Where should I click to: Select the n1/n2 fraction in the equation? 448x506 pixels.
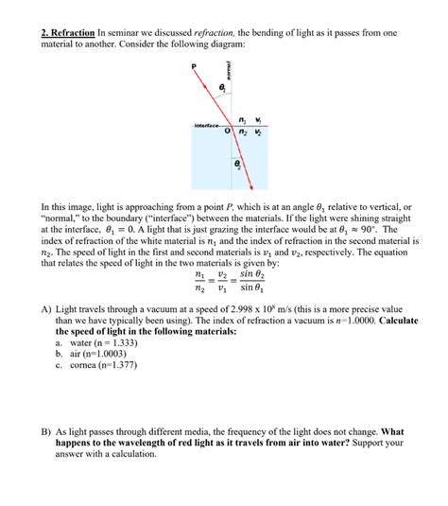point(198,281)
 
